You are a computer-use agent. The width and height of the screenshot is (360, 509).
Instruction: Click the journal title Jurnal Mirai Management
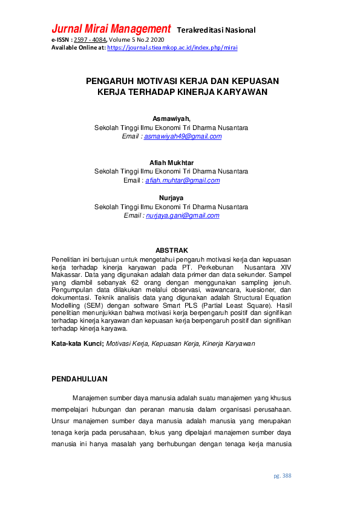pos(111,29)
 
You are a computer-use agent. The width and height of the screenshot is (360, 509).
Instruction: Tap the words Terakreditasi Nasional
pos(216,30)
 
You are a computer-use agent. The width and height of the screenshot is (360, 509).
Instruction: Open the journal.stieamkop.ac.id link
pos(172,47)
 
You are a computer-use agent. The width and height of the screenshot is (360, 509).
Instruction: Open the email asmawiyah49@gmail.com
pos(183,137)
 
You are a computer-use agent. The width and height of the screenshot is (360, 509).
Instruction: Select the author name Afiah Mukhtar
pos(171,163)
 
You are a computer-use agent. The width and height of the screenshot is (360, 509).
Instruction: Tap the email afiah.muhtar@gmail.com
pos(182,180)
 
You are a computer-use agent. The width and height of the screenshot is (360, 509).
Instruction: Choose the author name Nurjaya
pos(171,198)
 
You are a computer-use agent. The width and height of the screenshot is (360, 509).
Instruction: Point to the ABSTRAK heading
pos(172,250)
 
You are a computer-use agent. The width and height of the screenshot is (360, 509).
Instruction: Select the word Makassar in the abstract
pos(66,274)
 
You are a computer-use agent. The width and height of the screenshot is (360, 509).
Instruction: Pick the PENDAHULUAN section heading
pos(79,379)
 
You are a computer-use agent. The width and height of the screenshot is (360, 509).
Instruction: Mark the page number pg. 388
pos(282,476)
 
